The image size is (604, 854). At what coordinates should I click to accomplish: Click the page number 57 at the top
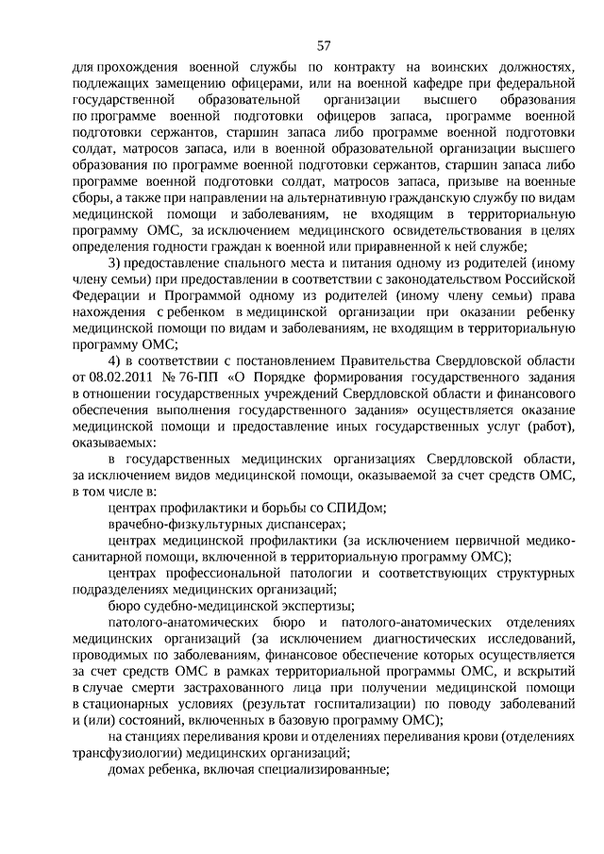click(x=324, y=45)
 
